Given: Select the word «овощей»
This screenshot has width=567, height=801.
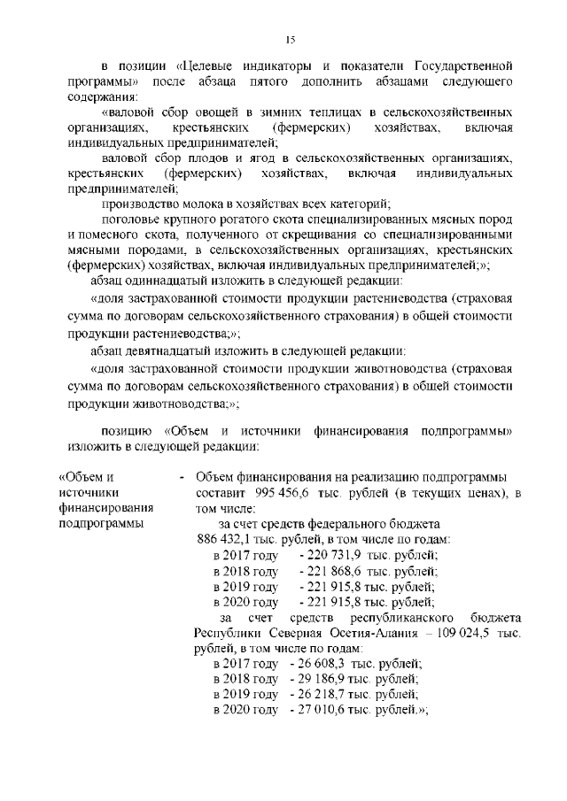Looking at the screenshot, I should tap(225, 113).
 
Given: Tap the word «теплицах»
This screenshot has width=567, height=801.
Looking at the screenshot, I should tap(335, 113).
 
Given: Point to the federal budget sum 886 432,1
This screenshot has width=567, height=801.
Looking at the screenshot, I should tap(226, 540).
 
